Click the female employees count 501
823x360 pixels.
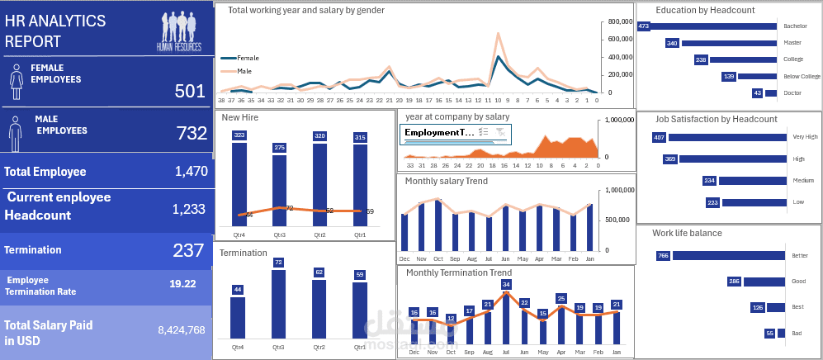coord(189,91)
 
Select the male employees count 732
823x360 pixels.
coord(192,133)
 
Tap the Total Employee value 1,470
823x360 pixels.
coord(190,172)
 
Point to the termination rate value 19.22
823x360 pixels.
coord(182,283)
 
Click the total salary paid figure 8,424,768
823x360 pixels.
coord(182,330)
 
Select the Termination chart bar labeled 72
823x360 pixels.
coord(278,304)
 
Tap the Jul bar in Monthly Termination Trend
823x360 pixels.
coord(506,319)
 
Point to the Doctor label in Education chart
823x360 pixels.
coord(792,93)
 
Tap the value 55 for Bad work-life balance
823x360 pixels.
coord(769,334)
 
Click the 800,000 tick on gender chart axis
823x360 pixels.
coord(620,22)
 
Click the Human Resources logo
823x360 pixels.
coord(179,32)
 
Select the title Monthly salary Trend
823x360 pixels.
coord(447,181)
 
